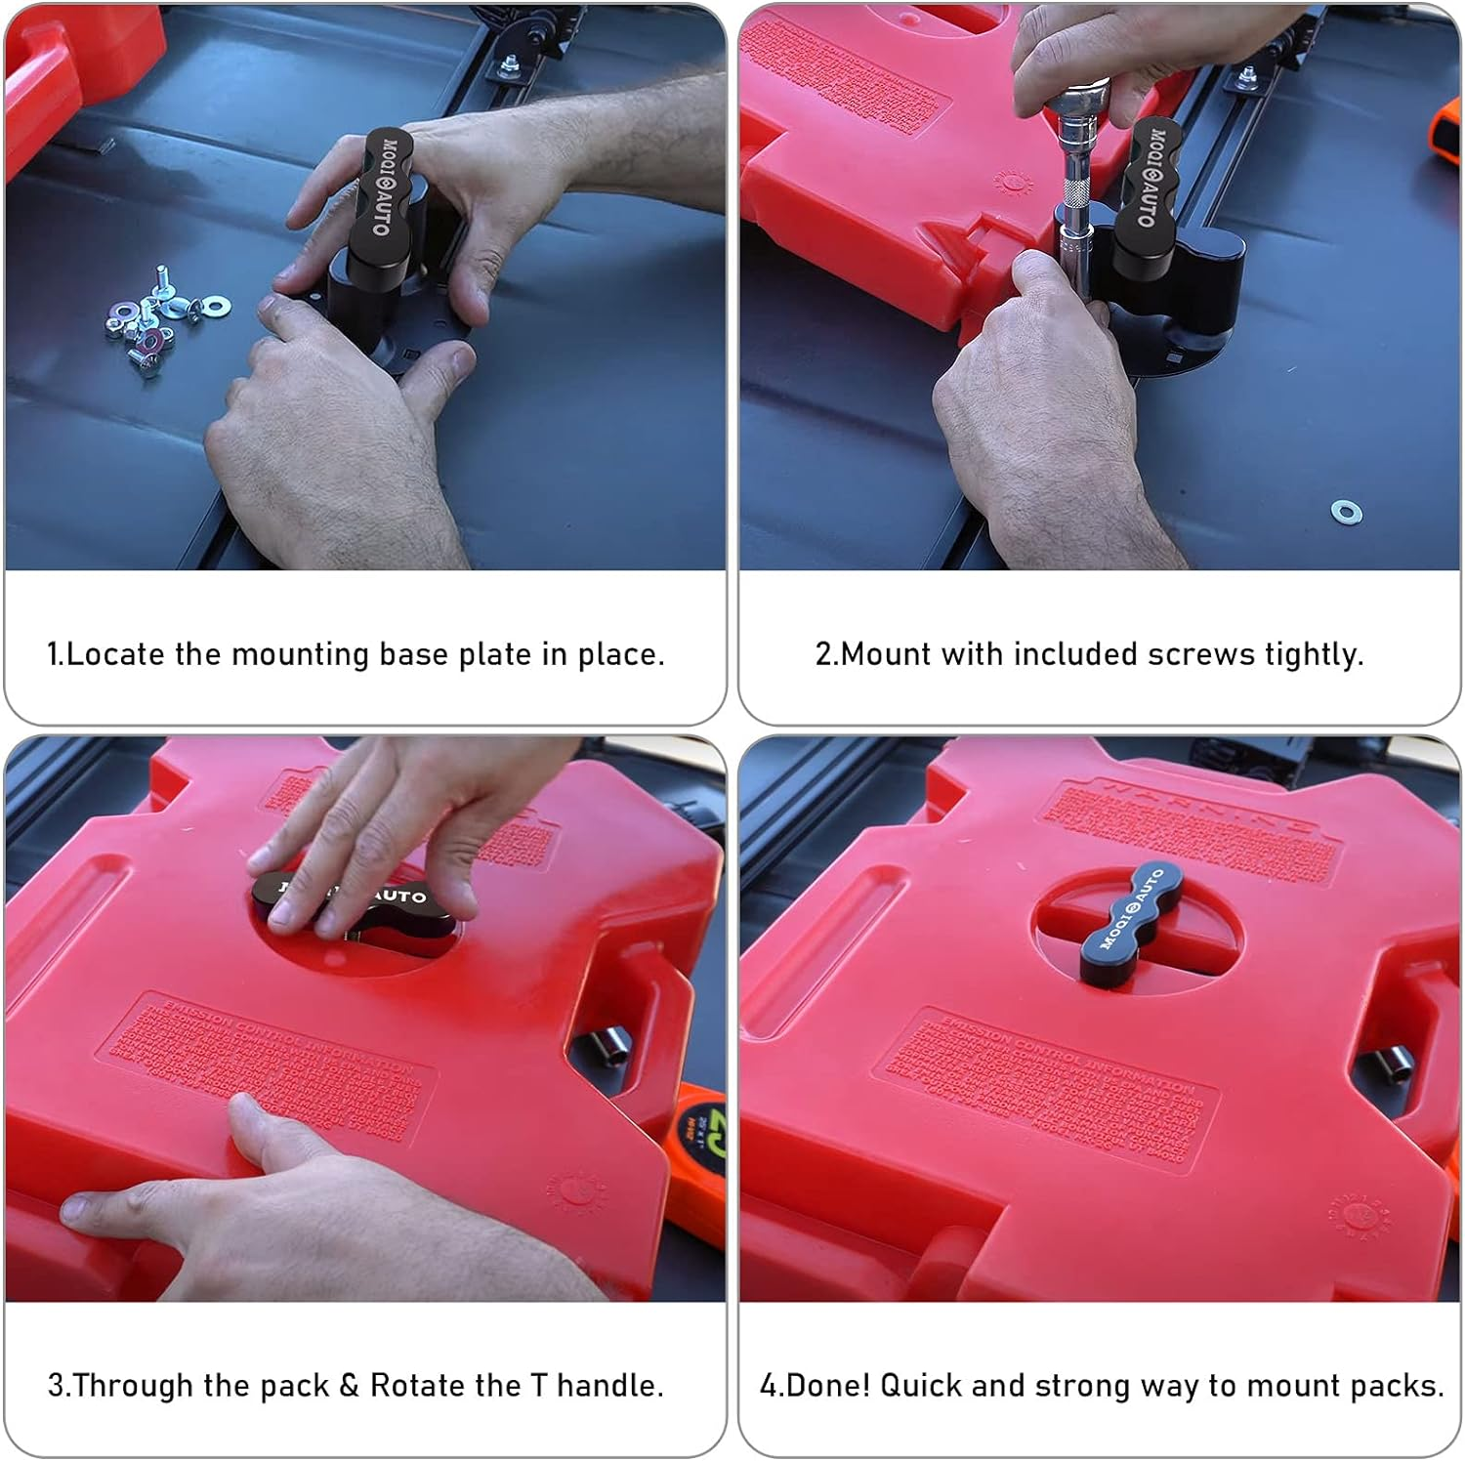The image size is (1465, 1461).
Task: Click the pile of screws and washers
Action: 156,322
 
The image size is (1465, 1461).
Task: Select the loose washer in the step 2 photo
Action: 1346,511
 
